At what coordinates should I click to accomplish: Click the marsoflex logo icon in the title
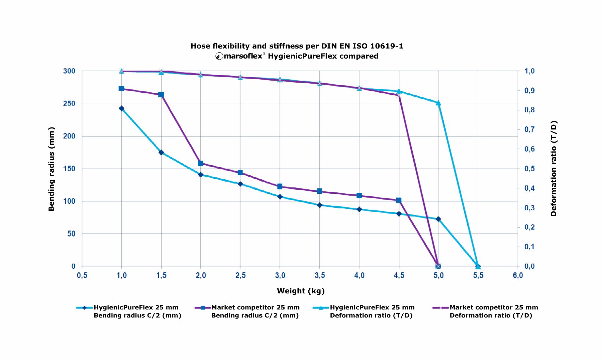coord(219,56)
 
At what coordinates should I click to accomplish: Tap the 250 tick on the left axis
coord(69,104)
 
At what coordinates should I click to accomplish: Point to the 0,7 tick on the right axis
coord(529,129)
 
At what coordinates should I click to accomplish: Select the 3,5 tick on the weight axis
coord(320,275)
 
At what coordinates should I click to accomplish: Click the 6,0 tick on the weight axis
coord(518,275)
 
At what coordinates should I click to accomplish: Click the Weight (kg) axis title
coord(301,291)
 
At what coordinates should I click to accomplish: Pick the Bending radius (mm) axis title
coord(51,169)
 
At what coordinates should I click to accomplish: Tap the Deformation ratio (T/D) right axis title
coord(554,169)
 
